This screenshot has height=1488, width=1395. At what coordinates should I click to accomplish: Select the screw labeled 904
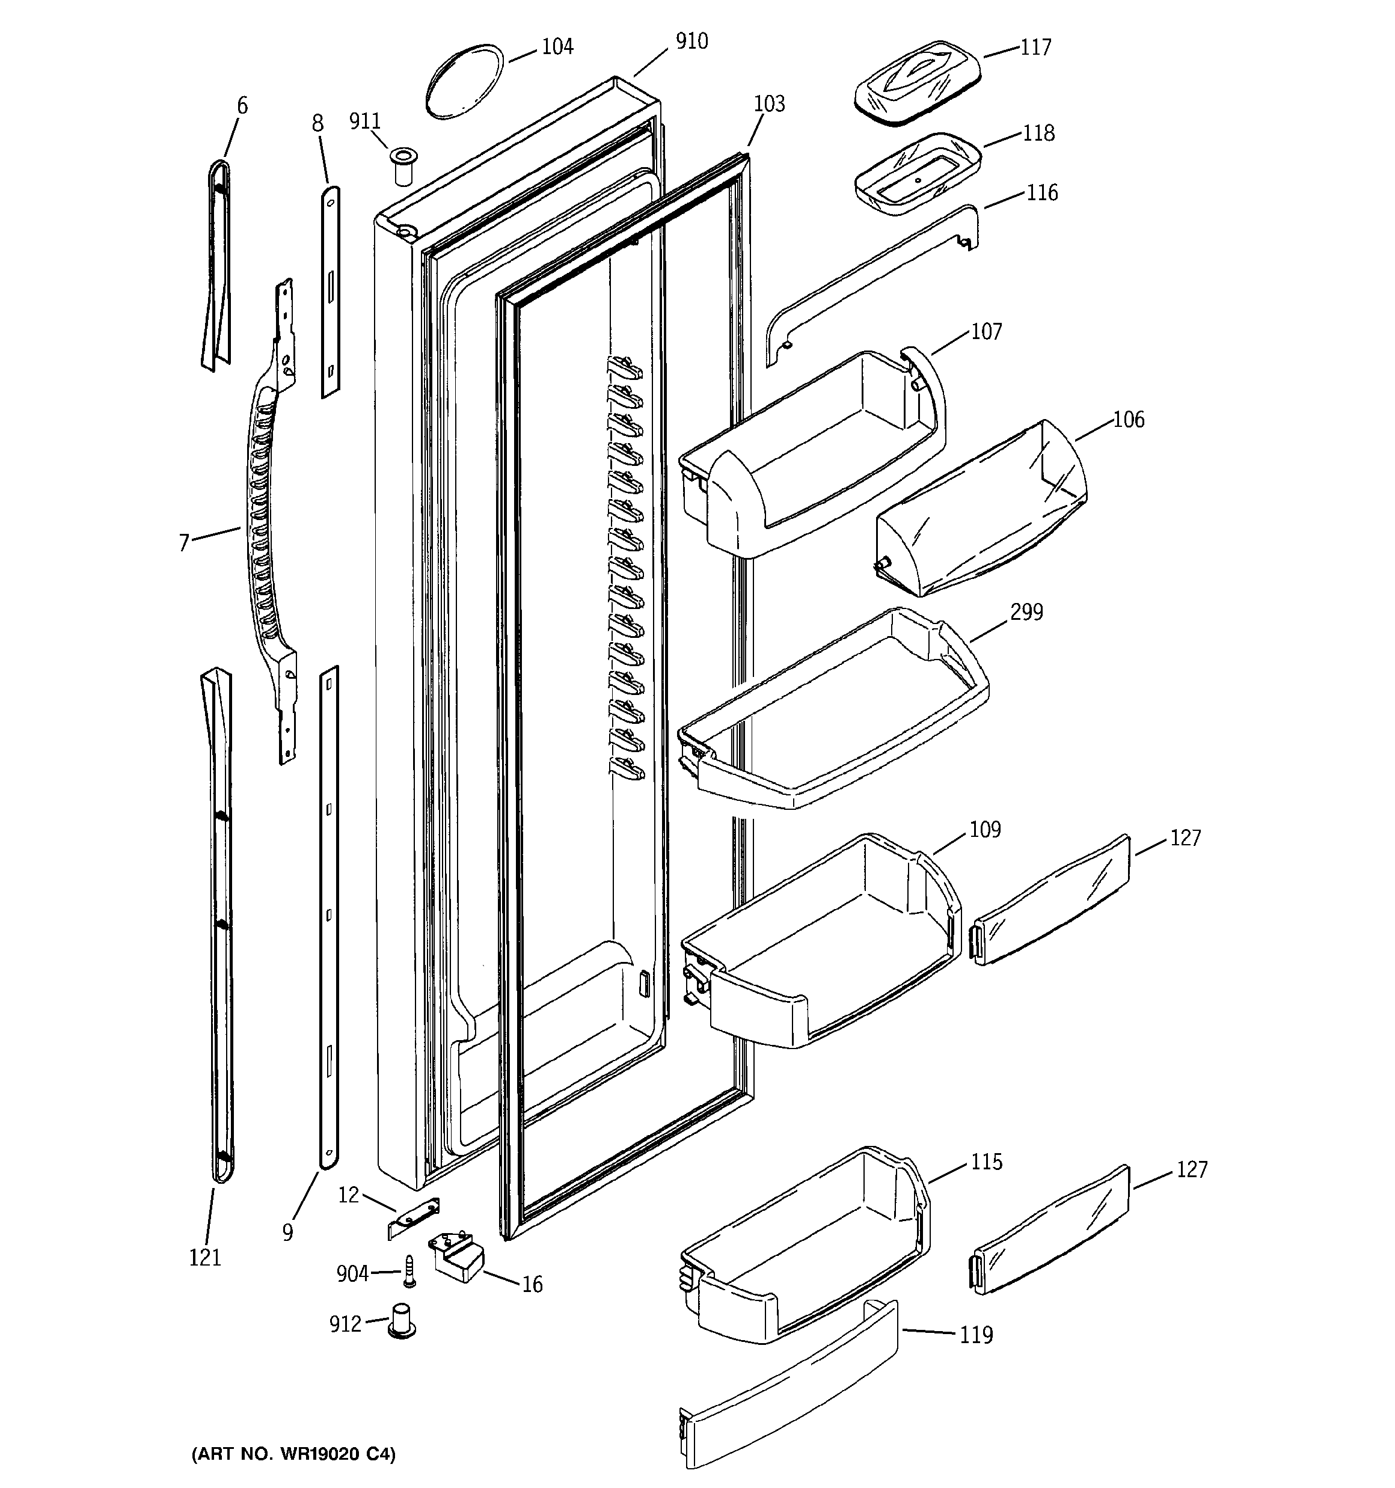(409, 1272)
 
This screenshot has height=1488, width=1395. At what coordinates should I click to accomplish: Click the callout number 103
(769, 104)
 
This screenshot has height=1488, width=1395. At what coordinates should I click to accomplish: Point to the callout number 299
(1026, 612)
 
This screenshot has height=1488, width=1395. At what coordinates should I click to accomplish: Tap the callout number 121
(205, 1258)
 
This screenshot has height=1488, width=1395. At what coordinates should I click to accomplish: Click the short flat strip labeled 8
(330, 292)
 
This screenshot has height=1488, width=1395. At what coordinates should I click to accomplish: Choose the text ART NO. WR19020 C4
(293, 1454)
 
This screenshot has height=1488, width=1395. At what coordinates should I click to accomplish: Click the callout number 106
(1129, 420)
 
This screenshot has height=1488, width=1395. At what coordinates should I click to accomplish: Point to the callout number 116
(1041, 193)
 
